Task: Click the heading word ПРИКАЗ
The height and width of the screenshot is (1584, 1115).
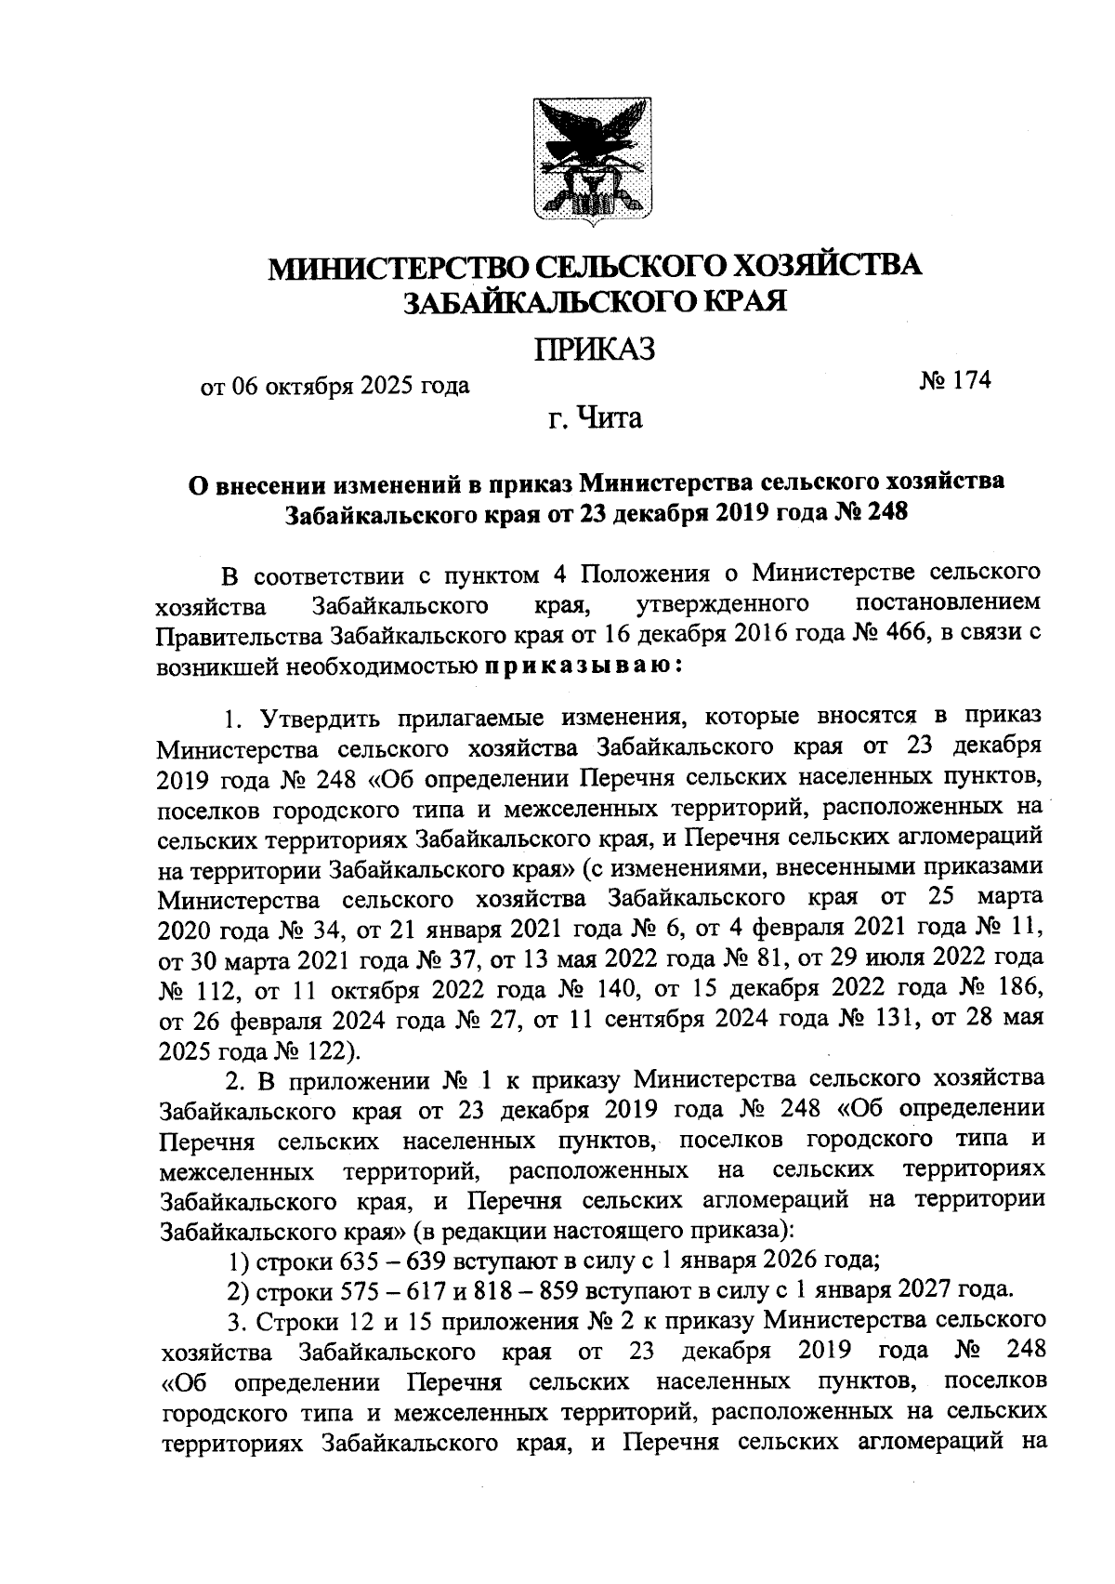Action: (594, 350)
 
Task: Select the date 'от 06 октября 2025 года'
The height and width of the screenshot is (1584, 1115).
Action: (335, 385)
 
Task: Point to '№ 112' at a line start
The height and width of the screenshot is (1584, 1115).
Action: (192, 988)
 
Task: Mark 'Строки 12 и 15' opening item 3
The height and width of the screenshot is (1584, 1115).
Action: (318, 1320)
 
